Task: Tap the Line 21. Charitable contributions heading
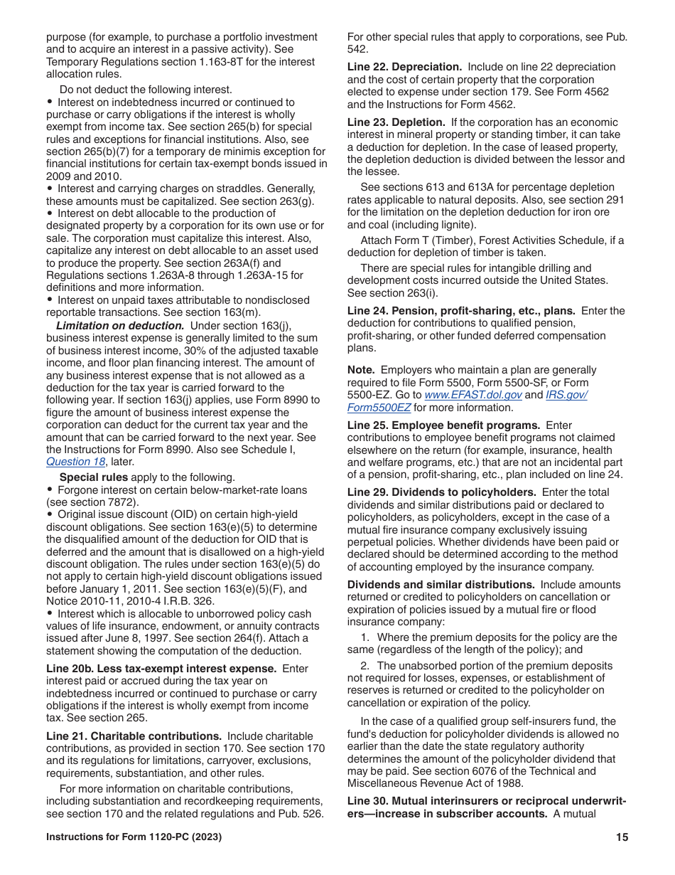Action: click(x=134, y=736)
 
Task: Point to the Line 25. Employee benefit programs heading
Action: click(x=443, y=425)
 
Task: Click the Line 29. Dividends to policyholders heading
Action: click(x=441, y=492)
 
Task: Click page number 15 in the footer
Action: click(x=622, y=838)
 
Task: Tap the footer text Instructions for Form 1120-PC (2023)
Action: click(x=134, y=838)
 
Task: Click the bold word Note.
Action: click(x=361, y=370)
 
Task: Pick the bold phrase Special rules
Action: click(x=94, y=477)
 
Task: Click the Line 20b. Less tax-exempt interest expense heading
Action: click(x=161, y=669)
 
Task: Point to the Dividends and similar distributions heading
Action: click(x=441, y=585)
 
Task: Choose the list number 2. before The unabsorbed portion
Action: click(x=365, y=666)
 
